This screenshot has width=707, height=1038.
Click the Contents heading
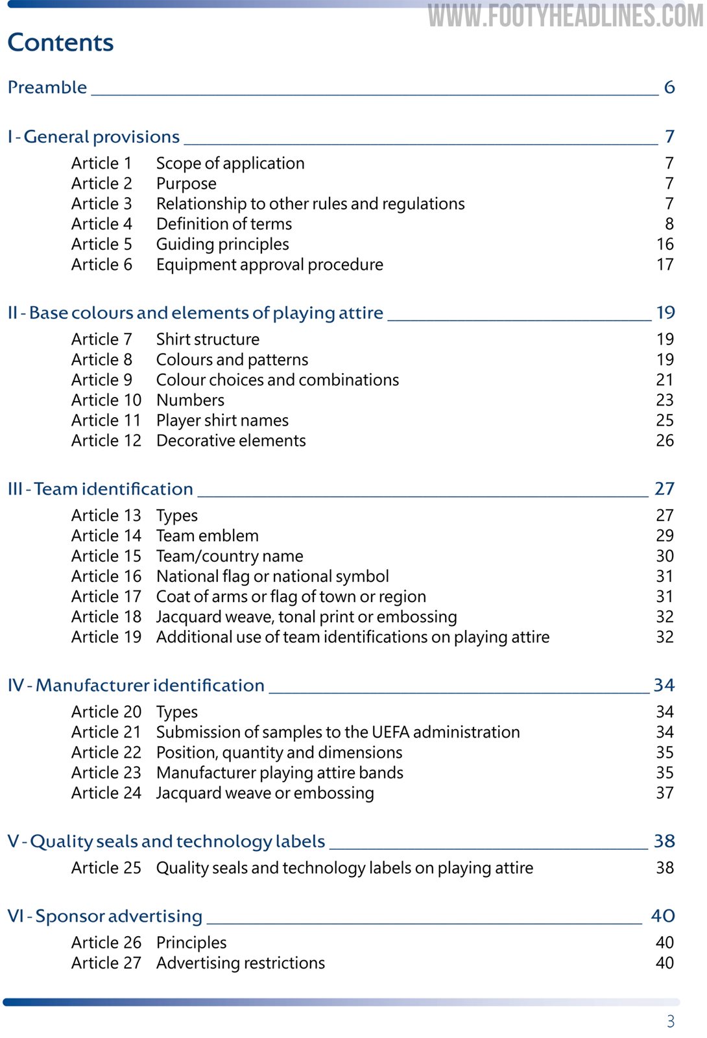(60, 43)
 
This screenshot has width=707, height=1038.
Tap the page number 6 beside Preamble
(669, 87)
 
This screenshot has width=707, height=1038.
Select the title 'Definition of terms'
(224, 224)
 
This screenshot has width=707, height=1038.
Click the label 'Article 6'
(101, 265)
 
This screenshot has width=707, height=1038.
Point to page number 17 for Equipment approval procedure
(665, 265)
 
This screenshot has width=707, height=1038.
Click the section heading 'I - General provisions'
(93, 137)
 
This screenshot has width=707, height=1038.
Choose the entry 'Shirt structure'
(208, 339)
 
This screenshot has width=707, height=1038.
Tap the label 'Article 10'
(106, 400)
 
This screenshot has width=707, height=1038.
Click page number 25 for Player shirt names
(665, 420)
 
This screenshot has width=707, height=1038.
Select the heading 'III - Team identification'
(100, 489)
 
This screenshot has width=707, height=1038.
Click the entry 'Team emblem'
(207, 536)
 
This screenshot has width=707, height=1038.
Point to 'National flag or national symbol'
(272, 576)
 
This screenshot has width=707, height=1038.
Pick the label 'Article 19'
(106, 637)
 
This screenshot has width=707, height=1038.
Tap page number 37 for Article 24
(665, 793)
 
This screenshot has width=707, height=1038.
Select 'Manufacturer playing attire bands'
(280, 773)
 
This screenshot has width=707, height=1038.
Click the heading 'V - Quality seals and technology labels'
(166, 841)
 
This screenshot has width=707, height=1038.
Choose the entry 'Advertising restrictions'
(240, 963)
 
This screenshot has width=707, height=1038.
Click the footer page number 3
(671, 1021)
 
